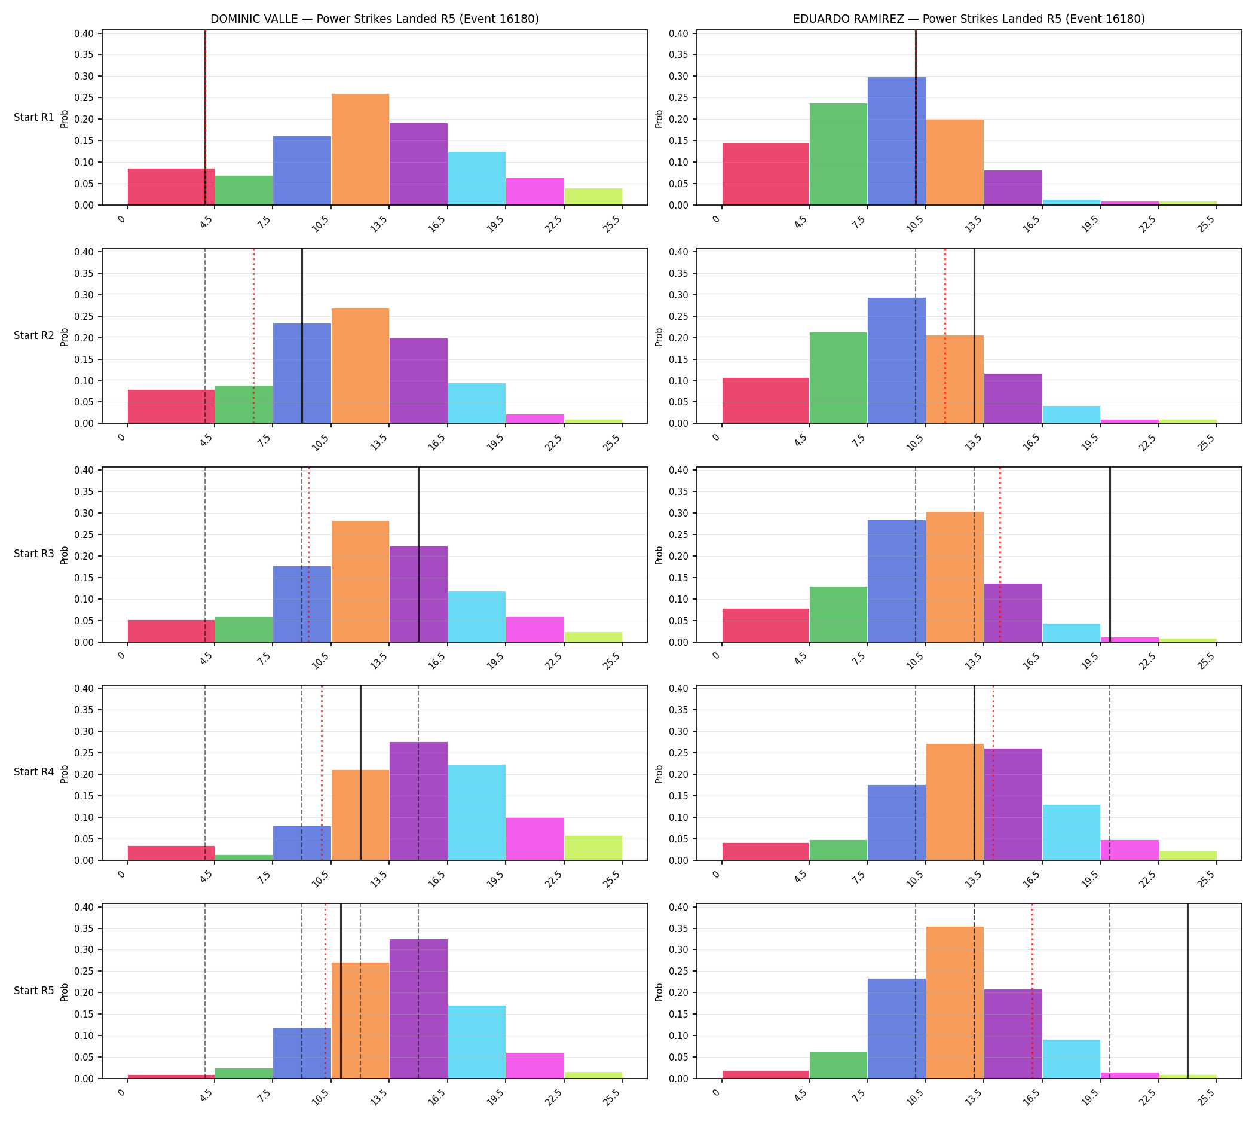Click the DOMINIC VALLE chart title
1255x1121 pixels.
click(374, 19)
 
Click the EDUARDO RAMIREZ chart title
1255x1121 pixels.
click(969, 19)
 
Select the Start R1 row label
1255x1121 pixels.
click(34, 117)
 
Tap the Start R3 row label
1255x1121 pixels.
click(34, 554)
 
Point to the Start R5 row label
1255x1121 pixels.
click(34, 991)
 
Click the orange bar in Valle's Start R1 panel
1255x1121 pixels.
click(360, 149)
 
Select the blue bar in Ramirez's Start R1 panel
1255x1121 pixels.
click(896, 141)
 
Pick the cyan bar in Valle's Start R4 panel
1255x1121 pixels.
click(477, 813)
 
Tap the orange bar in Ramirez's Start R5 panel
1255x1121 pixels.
click(954, 1003)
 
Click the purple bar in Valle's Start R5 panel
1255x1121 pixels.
click(419, 1009)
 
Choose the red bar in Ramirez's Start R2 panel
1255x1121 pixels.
click(766, 401)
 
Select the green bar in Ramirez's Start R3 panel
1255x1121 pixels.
click(838, 614)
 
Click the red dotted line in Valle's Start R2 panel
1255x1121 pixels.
click(253, 335)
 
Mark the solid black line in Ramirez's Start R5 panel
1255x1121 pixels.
click(1187, 991)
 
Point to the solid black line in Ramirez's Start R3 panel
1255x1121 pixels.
click(1110, 554)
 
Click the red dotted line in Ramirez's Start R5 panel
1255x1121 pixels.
click(1032, 991)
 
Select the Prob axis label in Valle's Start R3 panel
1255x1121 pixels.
click(64, 555)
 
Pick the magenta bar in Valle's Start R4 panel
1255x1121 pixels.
click(534, 839)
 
